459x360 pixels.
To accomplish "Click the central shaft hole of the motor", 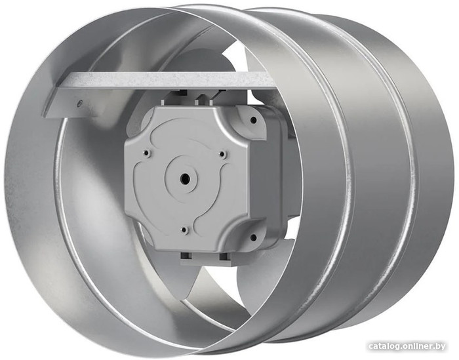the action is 185,177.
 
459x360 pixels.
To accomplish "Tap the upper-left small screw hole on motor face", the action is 146,153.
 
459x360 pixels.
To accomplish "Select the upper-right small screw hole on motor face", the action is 222,154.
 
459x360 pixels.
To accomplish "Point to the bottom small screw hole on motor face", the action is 184,230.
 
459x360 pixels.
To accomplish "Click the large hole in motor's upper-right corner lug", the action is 254,120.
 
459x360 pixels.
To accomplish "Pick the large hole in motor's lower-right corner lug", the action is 254,237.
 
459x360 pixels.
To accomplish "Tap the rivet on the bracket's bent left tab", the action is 79,103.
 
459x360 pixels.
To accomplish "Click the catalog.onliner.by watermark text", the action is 407,346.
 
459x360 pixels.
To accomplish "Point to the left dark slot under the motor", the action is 186,256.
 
